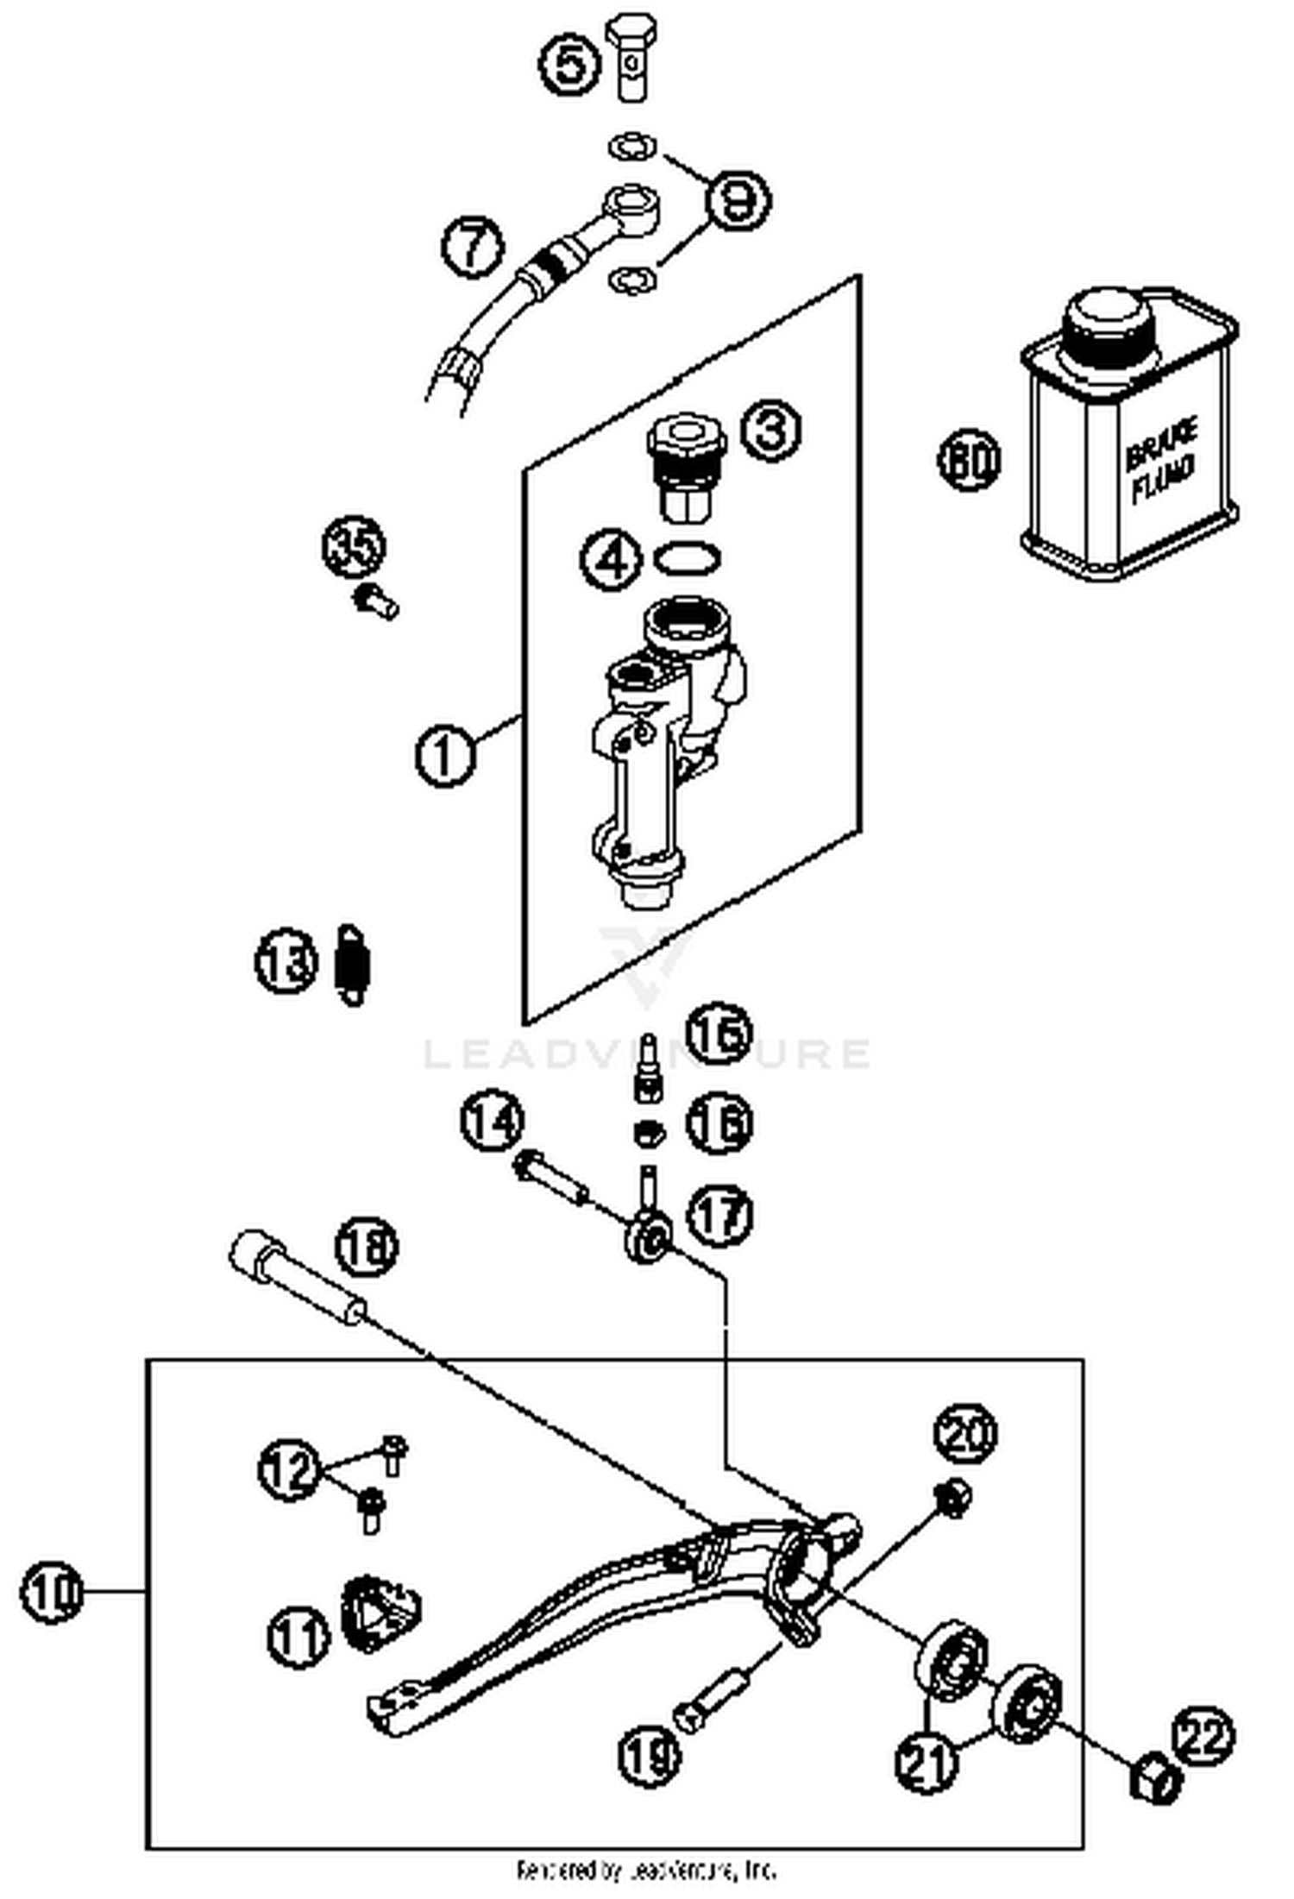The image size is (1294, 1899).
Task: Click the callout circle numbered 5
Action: click(x=569, y=64)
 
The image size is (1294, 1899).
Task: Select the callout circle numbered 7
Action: click(x=473, y=247)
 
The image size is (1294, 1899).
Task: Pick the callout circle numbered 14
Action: click(x=493, y=1121)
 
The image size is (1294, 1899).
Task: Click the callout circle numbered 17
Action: click(x=719, y=1215)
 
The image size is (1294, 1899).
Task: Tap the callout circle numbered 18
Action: click(x=367, y=1246)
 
